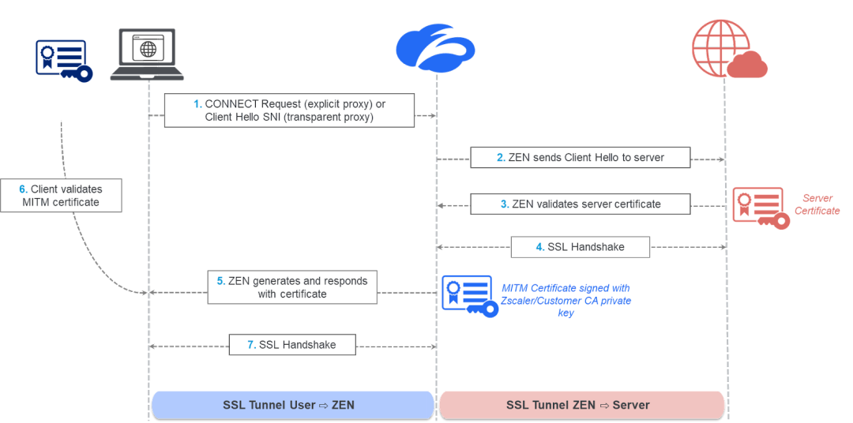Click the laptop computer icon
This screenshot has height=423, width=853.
pyautogui.click(x=147, y=54)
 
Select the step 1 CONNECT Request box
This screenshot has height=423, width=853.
pyautogui.click(x=289, y=110)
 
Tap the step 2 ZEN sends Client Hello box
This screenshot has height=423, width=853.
pyautogui.click(x=581, y=157)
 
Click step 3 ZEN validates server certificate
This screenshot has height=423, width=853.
pyautogui.click(x=581, y=204)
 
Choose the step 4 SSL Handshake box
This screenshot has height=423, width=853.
pyautogui.click(x=581, y=247)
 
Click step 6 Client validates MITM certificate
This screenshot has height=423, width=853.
pyautogui.click(x=61, y=196)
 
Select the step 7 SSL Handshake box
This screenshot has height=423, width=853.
pyautogui.click(x=291, y=345)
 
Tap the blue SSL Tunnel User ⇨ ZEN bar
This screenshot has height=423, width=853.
pyautogui.click(x=292, y=405)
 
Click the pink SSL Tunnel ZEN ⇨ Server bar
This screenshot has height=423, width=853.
pyautogui.click(x=581, y=405)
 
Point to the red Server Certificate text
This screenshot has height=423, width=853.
pyautogui.click(x=817, y=204)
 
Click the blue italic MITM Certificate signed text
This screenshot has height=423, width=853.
pyautogui.click(x=566, y=301)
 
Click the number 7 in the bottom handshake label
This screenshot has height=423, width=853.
pyautogui.click(x=250, y=345)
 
